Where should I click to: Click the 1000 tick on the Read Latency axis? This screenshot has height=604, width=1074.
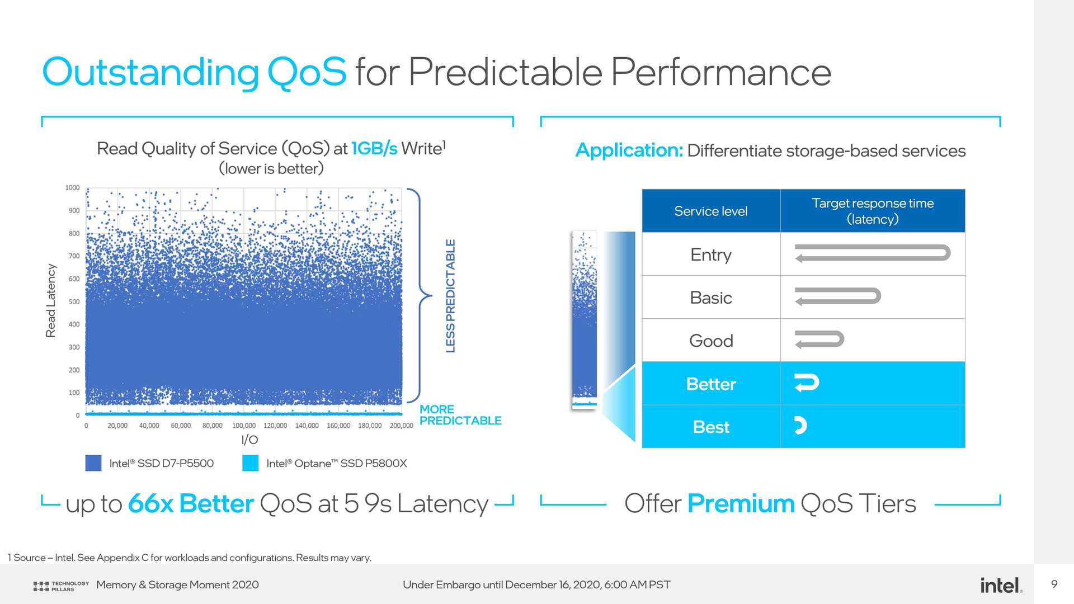pyautogui.click(x=72, y=188)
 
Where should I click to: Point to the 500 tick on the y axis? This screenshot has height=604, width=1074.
pyautogui.click(x=74, y=301)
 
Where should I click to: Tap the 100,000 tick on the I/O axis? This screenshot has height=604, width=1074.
pyautogui.click(x=244, y=426)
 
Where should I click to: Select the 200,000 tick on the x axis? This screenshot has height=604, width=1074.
pyautogui.click(x=402, y=426)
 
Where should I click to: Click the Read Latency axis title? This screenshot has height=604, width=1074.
pyautogui.click(x=51, y=301)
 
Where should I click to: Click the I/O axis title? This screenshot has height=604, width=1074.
pyautogui.click(x=249, y=440)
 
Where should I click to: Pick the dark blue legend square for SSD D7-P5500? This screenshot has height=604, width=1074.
pyautogui.click(x=93, y=463)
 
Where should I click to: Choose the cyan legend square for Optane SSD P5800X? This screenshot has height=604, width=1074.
pyautogui.click(x=251, y=463)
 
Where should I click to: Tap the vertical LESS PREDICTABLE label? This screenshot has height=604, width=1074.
pyautogui.click(x=450, y=296)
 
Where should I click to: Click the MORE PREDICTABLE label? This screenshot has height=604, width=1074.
pyautogui.click(x=460, y=415)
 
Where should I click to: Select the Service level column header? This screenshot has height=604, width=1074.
pyautogui.click(x=711, y=211)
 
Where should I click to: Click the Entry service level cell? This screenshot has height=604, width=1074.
pyautogui.click(x=711, y=254)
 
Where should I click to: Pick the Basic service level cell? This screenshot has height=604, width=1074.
pyautogui.click(x=711, y=298)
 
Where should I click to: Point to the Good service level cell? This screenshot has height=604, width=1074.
pyautogui.click(x=711, y=341)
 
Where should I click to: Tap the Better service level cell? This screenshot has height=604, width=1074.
pyautogui.click(x=711, y=384)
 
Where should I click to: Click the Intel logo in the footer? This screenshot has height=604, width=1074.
pyautogui.click(x=1001, y=585)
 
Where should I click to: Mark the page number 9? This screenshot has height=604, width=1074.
pyautogui.click(x=1054, y=584)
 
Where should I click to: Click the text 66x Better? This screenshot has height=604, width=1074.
pyautogui.click(x=191, y=503)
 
